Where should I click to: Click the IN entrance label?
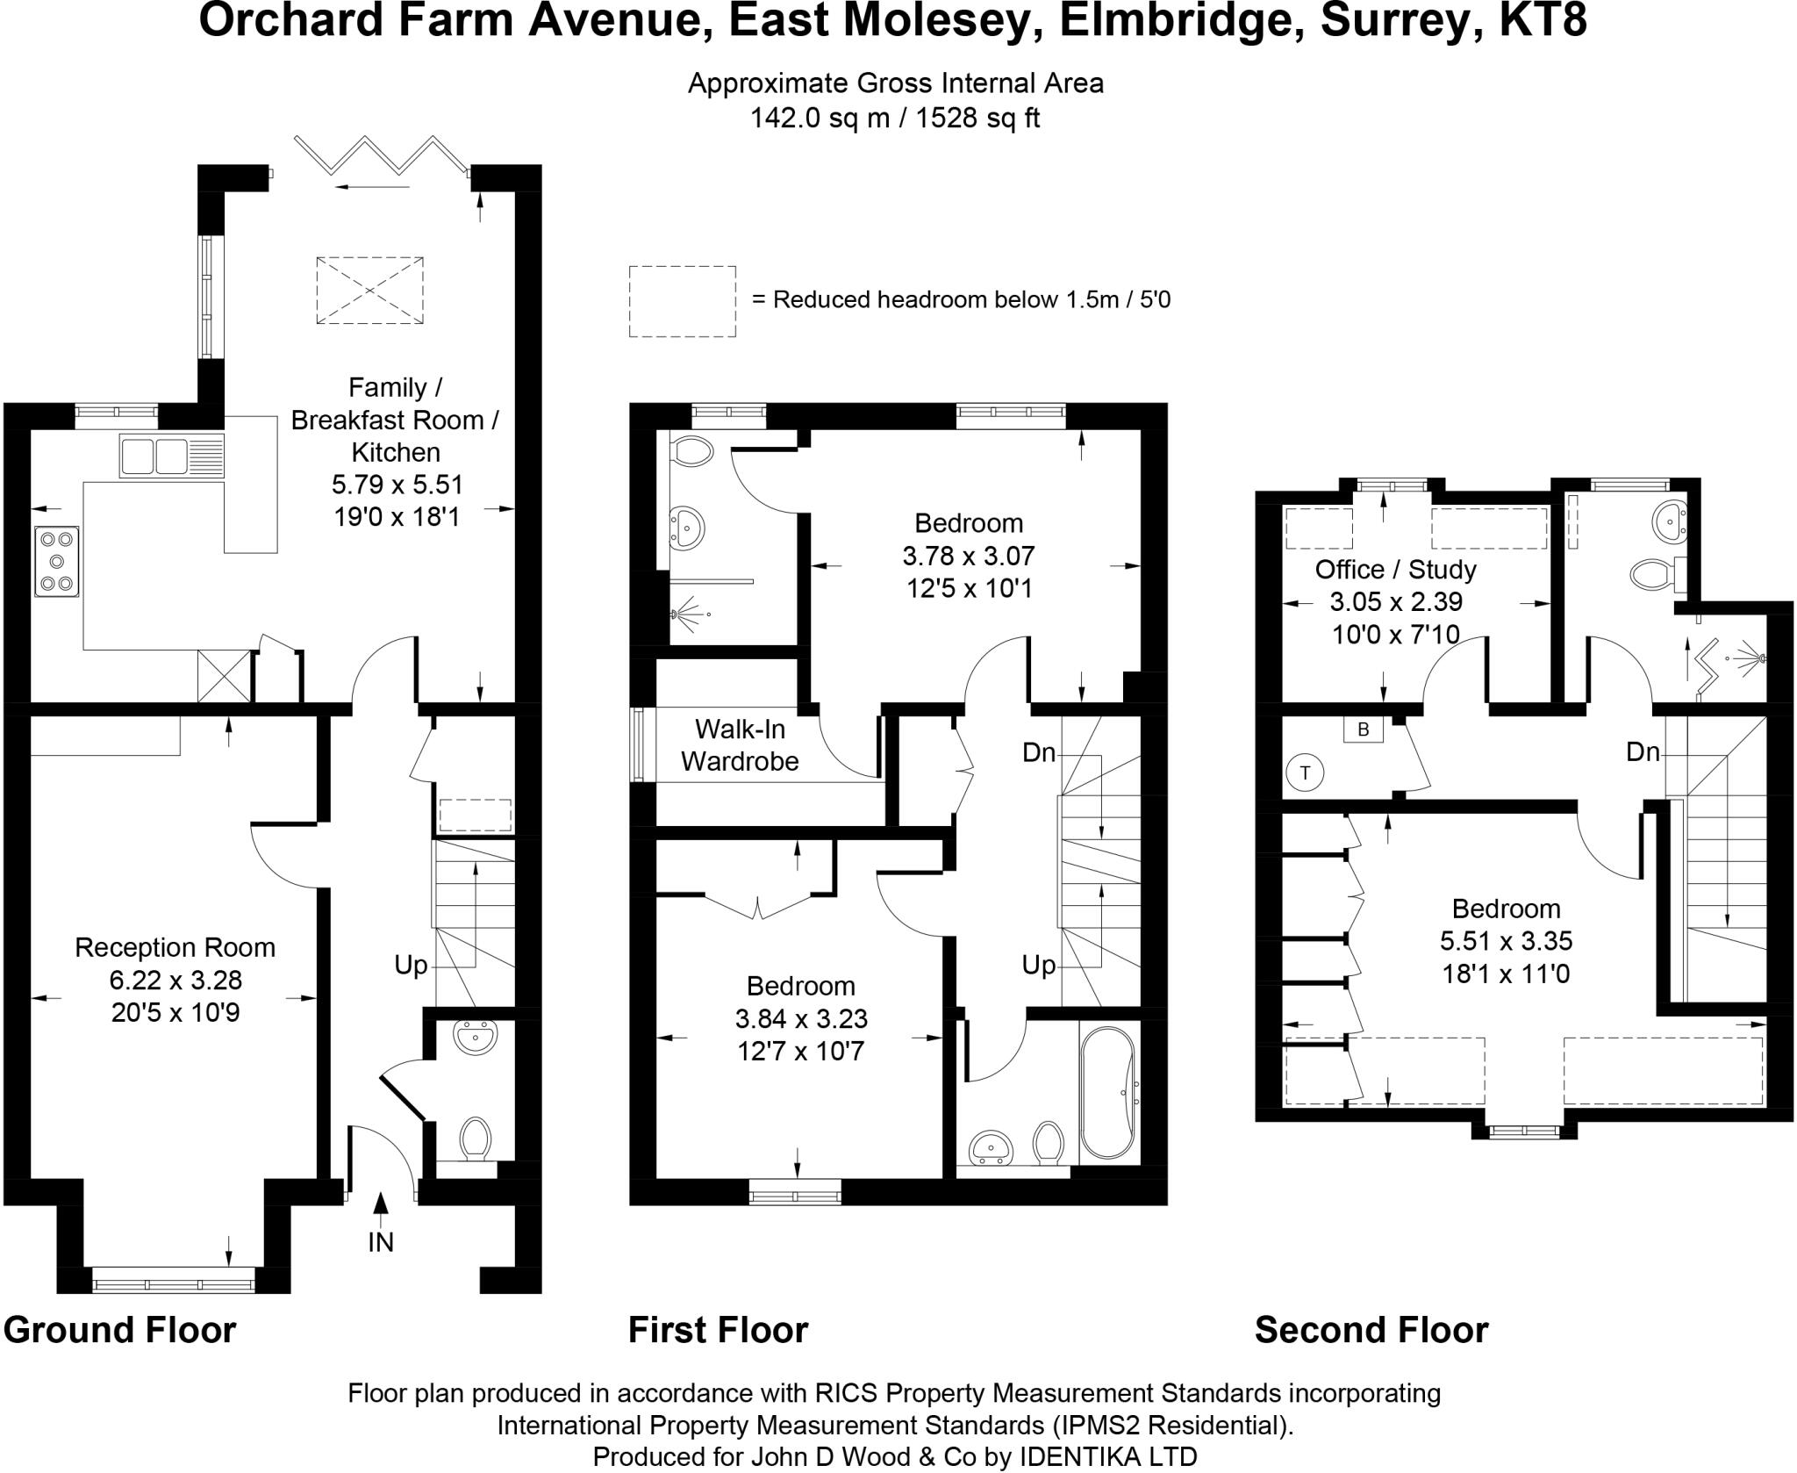point(380,1242)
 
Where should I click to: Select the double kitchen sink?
point(171,456)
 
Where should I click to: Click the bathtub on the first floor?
point(1109,1094)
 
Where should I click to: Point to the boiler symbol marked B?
point(1363,729)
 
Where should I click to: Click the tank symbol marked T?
point(1305,772)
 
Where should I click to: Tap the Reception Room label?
point(175,947)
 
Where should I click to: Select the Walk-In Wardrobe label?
point(740,745)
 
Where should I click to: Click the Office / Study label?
point(1395,570)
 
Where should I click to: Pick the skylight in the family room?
point(369,290)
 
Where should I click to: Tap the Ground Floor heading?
point(120,1330)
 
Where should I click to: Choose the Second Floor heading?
point(1371,1330)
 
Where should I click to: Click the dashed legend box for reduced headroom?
point(682,301)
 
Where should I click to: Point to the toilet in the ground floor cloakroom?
point(475,1139)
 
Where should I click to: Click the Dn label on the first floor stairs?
point(1038,752)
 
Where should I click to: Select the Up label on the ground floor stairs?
point(410,966)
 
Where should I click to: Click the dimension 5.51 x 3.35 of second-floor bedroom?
point(1506,941)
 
